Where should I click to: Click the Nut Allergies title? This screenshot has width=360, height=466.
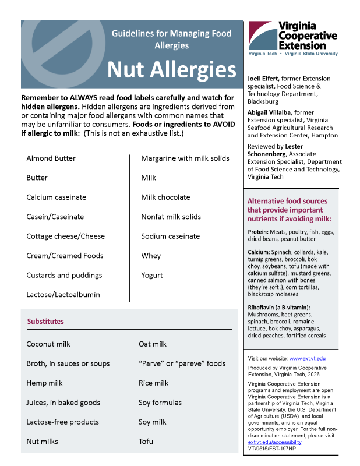tap(171, 70)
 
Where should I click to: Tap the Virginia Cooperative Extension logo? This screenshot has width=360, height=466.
tap(292, 38)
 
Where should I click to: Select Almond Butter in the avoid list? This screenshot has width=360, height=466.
tap(51, 158)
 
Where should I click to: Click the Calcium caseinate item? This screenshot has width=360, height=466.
tap(56, 197)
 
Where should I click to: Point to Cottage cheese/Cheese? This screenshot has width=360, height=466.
tap(65, 236)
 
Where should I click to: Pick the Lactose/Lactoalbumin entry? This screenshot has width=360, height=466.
tap(63, 295)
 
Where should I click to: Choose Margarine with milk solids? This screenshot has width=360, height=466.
tap(185, 158)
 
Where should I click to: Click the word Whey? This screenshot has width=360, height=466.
tap(151, 256)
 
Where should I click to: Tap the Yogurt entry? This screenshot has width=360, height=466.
tap(152, 275)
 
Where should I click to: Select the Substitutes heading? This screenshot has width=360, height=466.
tap(45, 322)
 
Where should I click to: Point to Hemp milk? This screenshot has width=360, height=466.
tap(44, 383)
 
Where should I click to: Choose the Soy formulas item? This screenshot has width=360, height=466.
tap(160, 403)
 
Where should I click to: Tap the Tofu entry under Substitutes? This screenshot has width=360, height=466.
tap(146, 442)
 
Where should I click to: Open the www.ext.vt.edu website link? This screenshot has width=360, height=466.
tap(308, 358)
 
